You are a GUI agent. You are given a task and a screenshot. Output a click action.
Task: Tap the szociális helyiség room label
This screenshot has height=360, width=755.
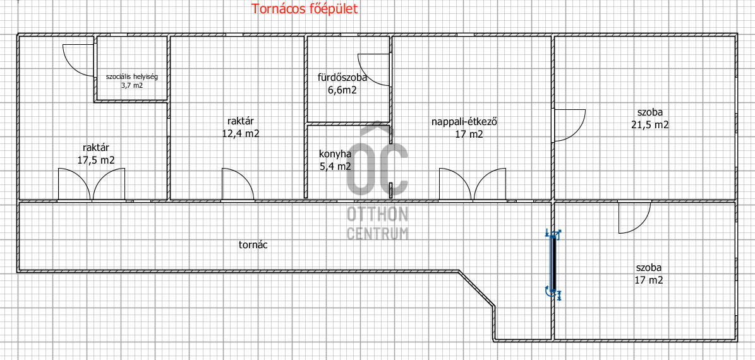(x=131, y=76)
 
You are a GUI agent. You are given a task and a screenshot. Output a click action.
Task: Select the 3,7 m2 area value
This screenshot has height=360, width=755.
(x=131, y=85)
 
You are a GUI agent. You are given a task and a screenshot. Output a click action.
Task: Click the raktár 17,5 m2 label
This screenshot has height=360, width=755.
(x=96, y=154)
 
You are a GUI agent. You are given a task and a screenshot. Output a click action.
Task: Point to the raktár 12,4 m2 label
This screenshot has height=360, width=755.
(x=240, y=127)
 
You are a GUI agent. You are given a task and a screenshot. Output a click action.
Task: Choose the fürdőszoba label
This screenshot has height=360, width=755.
(x=342, y=78)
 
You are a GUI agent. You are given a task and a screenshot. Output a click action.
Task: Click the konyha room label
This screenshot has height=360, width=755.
(x=335, y=154)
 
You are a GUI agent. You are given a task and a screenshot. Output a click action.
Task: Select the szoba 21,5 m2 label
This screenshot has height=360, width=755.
(x=649, y=119)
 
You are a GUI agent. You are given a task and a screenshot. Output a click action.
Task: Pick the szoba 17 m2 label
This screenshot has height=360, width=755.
(x=649, y=273)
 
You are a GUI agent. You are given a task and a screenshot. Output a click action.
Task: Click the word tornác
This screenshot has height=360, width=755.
(x=253, y=244)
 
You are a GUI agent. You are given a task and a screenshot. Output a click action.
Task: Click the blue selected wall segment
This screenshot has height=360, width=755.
(x=553, y=262)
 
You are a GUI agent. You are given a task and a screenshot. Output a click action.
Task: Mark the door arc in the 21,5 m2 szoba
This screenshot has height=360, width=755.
(x=569, y=124)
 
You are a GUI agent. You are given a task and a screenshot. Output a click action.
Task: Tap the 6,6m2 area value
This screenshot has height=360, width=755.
(x=342, y=90)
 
